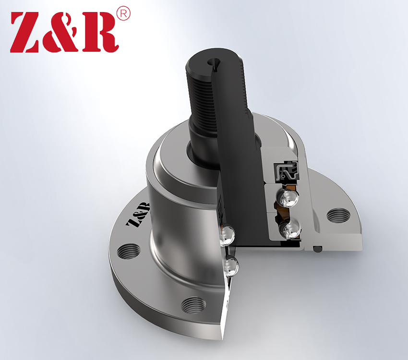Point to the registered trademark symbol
click(x=123, y=14)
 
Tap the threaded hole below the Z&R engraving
click(x=129, y=252)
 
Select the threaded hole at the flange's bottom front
click(x=193, y=305)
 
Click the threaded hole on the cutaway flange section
click(x=338, y=216)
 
